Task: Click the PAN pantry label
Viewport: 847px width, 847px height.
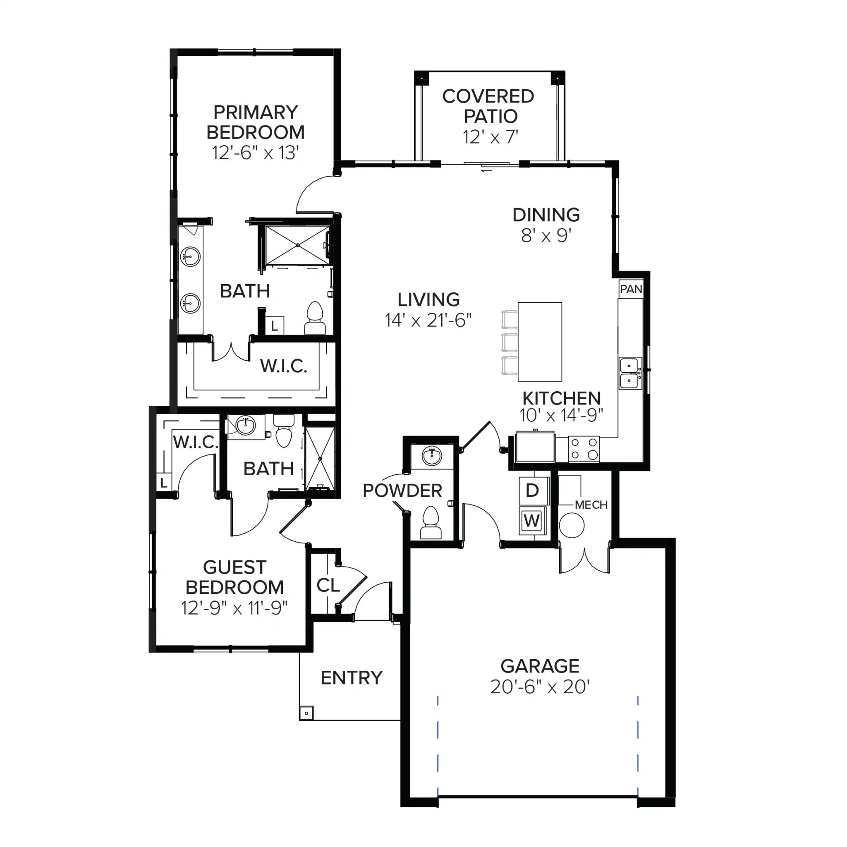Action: [631, 290]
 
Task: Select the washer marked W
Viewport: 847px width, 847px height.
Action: [532, 521]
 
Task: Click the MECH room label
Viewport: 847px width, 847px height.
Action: [591, 505]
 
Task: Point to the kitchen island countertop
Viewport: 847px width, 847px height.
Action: [540, 342]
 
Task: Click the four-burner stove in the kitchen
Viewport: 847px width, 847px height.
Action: [584, 448]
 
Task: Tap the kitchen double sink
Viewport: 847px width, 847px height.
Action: [630, 373]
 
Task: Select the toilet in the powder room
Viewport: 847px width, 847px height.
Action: [431, 523]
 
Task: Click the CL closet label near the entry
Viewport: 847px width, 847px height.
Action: [328, 585]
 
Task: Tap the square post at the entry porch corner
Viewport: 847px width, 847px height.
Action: [306, 713]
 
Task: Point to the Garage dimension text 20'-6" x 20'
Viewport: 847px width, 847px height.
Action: [540, 687]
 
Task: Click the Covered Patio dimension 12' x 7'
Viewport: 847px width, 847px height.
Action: [490, 137]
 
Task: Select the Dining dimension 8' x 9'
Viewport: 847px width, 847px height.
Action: [546, 236]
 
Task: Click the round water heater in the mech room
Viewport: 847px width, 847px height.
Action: [572, 525]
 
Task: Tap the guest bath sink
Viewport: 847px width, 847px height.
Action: [245, 425]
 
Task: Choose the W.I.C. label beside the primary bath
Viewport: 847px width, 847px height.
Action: [284, 366]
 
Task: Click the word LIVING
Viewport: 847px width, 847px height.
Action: [429, 300]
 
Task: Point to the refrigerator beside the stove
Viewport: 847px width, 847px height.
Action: [535, 446]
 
